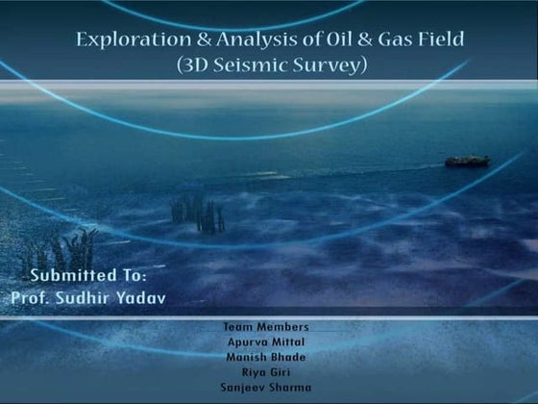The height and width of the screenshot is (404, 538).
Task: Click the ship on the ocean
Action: coord(467,161)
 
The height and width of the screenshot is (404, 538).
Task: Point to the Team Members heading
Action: coord(265,326)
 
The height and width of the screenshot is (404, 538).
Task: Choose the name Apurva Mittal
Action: coord(266,341)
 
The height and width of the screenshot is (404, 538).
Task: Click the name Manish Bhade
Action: coord(266,357)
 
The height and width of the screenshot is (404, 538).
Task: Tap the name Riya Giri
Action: coord(266,372)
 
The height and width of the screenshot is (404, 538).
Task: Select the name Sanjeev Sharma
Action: coord(266,388)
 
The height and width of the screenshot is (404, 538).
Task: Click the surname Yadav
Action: coord(139,297)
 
